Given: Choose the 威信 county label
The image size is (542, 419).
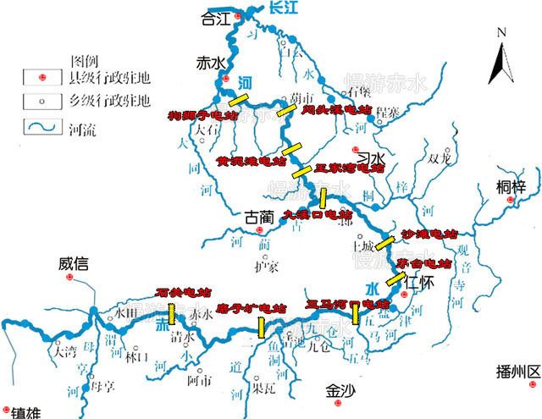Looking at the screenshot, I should coord(74,263).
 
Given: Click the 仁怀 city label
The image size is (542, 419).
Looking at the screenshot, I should coord(419,281).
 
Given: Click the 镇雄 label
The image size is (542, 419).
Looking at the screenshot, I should coord(29,410).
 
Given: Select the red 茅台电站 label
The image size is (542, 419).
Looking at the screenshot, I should coord(425,264).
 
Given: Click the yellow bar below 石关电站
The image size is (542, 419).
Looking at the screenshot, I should coord(173,314).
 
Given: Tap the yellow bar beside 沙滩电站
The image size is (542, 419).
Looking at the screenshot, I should coord(385,243).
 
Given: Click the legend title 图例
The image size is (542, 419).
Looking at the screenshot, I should coord(79,62).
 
